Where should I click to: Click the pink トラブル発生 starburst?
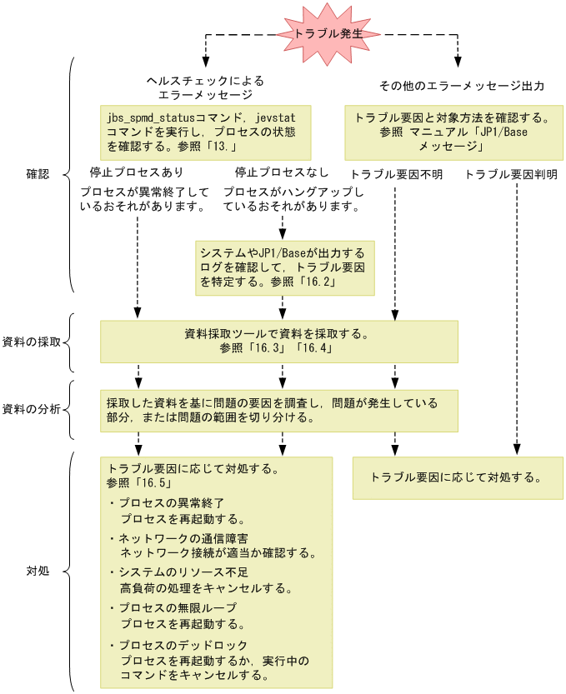coord(328,33)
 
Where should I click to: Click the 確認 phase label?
coord(38,174)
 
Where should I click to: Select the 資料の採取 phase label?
coord(32,342)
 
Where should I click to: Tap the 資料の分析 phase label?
coord(32,409)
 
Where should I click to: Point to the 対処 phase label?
coord(38,571)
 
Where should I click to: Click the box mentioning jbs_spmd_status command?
coord(206,132)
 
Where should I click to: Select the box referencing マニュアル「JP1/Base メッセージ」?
coord(454,132)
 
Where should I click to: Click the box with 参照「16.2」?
coord(285,267)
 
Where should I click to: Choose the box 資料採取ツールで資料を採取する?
coord(279,342)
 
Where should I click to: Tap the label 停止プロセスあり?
coord(137,172)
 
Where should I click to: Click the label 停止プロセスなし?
coord(282,172)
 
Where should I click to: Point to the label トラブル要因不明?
coord(397,175)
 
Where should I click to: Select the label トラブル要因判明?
coord(511,175)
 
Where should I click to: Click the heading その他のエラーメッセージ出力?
coord(462,86)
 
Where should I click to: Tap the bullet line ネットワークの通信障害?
coord(179,539)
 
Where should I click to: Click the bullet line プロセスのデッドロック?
coord(178,646)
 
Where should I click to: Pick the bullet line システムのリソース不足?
coord(179,572)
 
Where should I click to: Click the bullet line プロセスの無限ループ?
coord(173,607)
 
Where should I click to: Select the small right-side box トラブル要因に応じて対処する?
coord(458,478)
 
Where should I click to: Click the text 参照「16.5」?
coord(139,483)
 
